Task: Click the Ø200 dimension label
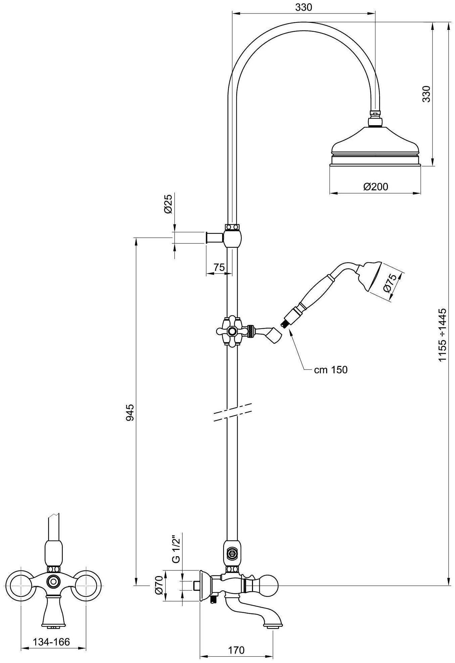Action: (x=375, y=186)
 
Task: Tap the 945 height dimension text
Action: (x=130, y=413)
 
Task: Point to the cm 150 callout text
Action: (x=331, y=370)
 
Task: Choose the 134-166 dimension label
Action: (x=51, y=642)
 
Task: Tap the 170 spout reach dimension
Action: (x=237, y=650)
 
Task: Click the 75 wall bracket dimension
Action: (x=219, y=267)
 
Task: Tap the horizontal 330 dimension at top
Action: (x=303, y=7)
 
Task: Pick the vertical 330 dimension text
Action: (x=426, y=94)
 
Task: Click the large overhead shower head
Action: (x=375, y=148)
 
